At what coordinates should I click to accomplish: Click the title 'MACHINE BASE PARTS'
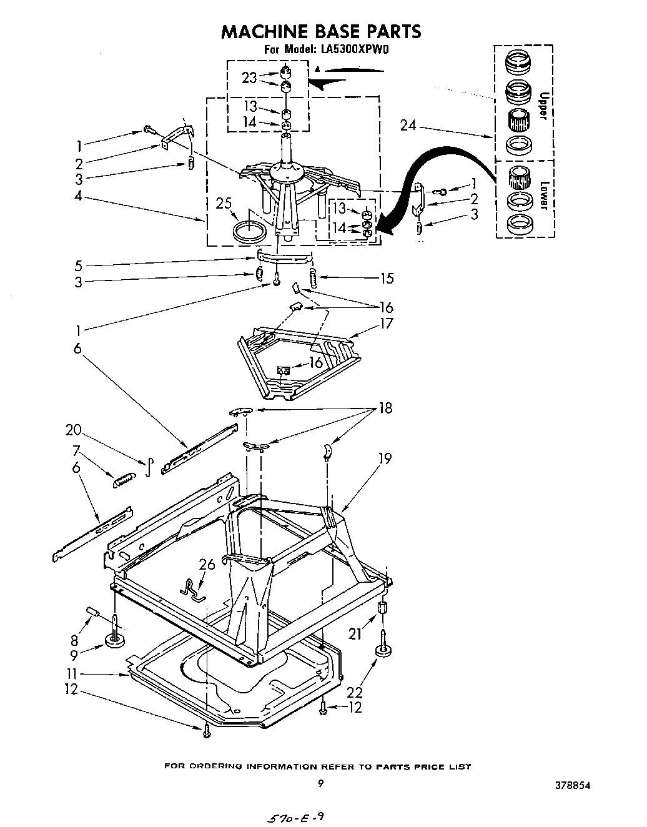(x=321, y=31)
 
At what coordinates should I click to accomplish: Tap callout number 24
(x=408, y=126)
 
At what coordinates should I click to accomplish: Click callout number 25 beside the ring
(x=224, y=203)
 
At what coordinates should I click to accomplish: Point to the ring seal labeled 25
(x=249, y=230)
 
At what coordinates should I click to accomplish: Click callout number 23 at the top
(x=249, y=78)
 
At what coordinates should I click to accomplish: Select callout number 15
(x=387, y=278)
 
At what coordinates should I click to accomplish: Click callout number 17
(x=387, y=324)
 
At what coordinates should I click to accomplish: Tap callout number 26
(x=207, y=565)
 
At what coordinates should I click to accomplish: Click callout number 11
(x=72, y=674)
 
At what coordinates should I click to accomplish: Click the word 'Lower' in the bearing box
(x=542, y=197)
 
